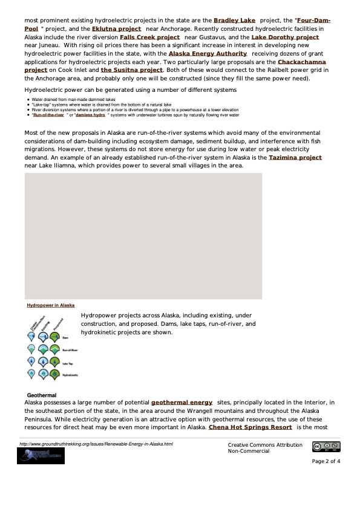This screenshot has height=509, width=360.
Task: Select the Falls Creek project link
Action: (x=149, y=37)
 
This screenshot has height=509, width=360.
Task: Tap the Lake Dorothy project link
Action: (x=284, y=37)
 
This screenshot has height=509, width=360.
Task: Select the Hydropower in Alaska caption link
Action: (x=50, y=305)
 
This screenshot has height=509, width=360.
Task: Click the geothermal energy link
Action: (x=181, y=402)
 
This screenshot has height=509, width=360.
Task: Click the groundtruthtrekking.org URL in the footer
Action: (x=96, y=444)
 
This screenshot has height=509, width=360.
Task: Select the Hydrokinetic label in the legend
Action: (x=70, y=375)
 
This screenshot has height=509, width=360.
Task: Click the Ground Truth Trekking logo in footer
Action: (x=41, y=456)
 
